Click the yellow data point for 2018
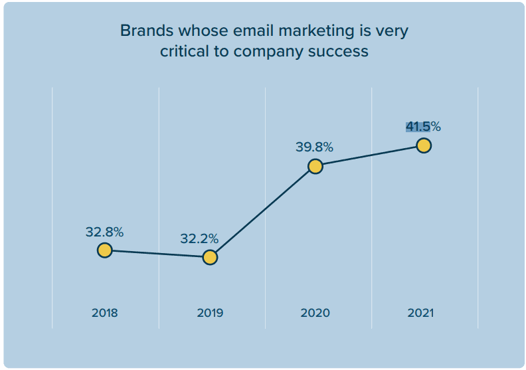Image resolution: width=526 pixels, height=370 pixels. (x=104, y=250)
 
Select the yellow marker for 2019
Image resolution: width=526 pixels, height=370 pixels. (x=210, y=257)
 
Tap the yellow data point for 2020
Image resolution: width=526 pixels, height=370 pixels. (x=315, y=166)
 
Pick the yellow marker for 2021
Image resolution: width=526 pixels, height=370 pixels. (x=424, y=145)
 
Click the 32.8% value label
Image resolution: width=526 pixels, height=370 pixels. (x=104, y=232)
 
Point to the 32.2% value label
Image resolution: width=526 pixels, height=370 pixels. (x=199, y=238)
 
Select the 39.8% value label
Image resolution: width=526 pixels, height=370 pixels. (x=314, y=147)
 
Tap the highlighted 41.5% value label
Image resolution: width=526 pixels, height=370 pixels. (x=423, y=126)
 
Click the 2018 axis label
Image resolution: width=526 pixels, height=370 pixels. (x=105, y=313)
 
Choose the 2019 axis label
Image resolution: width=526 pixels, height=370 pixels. (x=210, y=313)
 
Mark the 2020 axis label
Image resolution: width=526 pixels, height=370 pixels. (x=315, y=313)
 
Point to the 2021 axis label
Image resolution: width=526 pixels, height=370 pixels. (x=420, y=313)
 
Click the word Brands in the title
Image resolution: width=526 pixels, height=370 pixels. (x=145, y=31)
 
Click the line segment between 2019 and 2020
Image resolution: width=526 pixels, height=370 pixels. (x=262, y=212)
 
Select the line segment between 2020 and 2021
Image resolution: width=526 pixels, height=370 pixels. (x=369, y=156)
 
